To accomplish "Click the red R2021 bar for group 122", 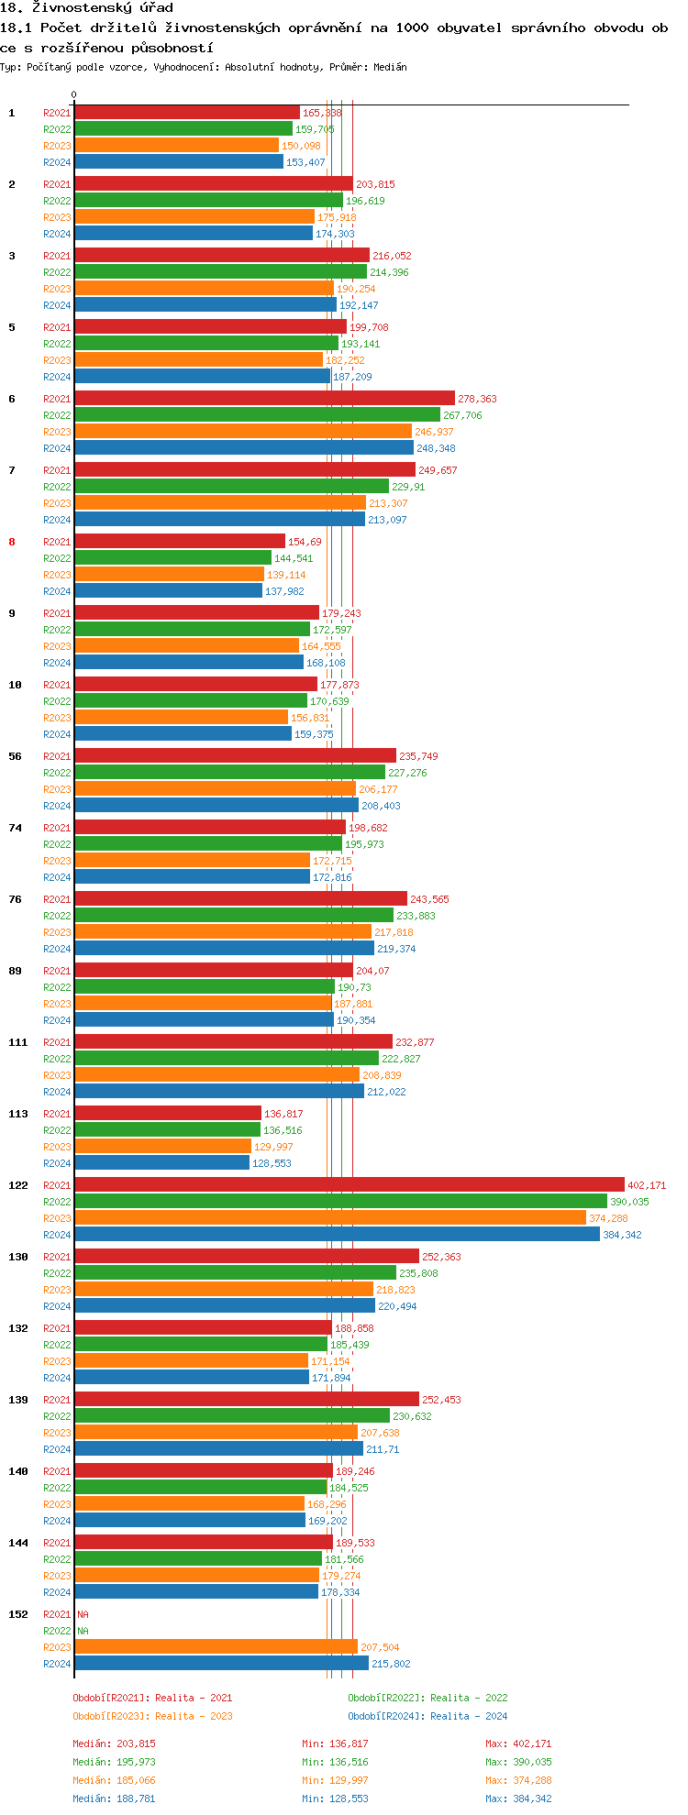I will point(349,1184).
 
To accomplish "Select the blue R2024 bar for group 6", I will point(244,447).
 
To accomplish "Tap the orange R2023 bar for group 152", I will point(216,1646).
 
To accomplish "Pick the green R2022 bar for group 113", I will point(167,1129).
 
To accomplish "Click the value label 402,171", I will point(647,1185).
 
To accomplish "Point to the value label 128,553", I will point(272,1163).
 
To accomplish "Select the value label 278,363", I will point(477,399).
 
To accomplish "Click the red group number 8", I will point(12,542).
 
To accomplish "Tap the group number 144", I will point(17,1543).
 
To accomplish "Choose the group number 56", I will point(15,756).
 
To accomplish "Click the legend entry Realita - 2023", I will point(152,1716).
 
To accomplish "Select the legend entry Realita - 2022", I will point(427,1698).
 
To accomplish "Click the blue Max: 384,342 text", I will point(518,1798).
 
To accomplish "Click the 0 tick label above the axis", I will point(74,94).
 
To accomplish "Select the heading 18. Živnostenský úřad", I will point(86,7).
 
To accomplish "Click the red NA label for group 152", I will point(83,1614).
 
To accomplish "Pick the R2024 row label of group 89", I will point(57,1020).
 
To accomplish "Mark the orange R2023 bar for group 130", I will point(224,1289).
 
